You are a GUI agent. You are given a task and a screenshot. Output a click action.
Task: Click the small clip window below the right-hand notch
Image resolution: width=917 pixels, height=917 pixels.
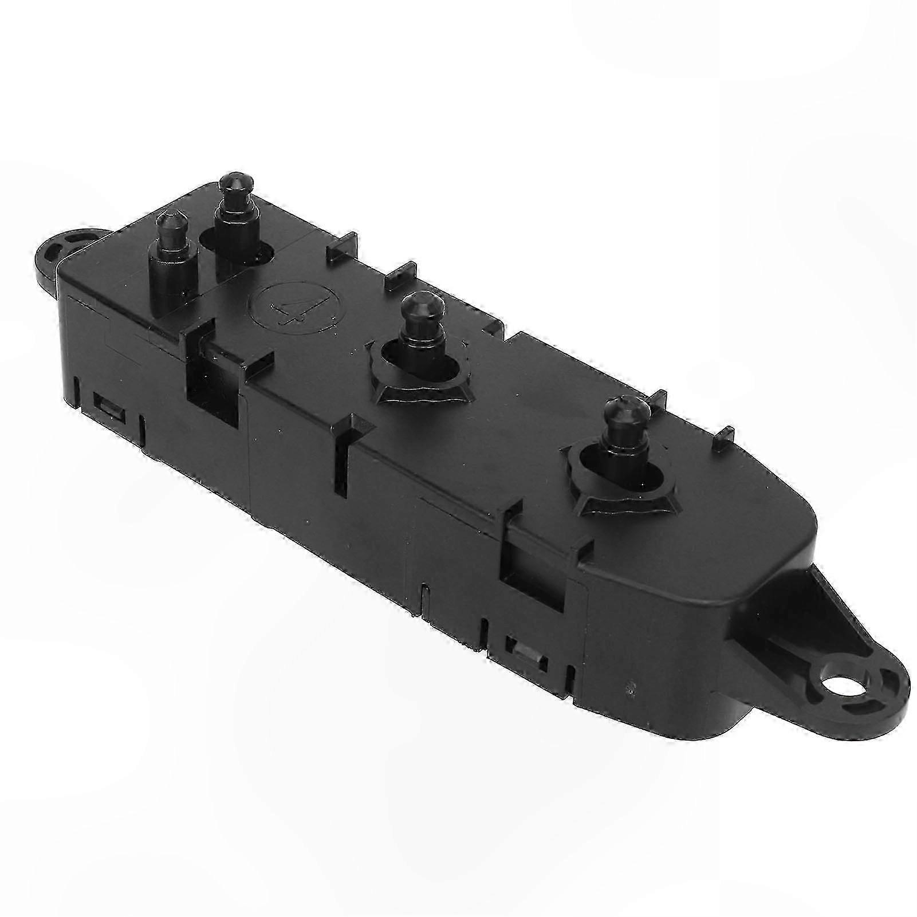click(x=525, y=650)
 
